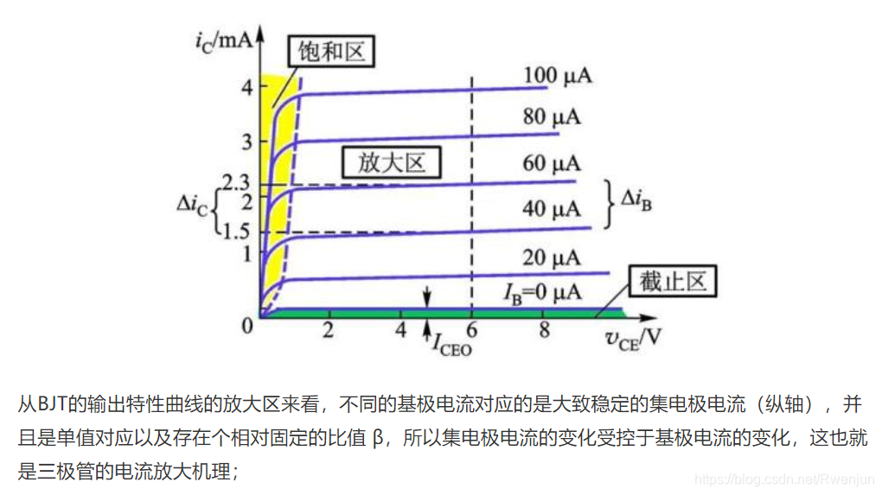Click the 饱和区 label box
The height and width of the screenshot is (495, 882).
coord(332,53)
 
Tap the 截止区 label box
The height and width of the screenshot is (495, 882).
coord(674,282)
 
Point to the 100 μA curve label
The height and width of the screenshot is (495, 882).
coord(558,76)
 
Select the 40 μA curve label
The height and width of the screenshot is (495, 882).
coord(552,208)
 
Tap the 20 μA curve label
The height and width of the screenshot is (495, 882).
coord(552,257)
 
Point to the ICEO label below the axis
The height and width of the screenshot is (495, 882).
coord(451,343)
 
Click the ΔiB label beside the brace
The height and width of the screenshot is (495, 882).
coord(636,201)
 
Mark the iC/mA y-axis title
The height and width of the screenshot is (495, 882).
coord(224,40)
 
